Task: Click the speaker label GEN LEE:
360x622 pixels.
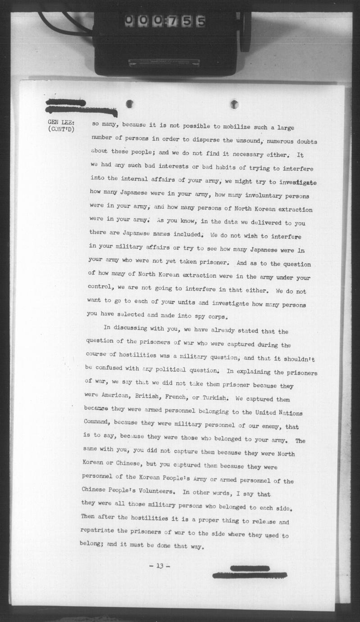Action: click(61, 122)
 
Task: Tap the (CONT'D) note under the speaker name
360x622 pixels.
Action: click(61, 130)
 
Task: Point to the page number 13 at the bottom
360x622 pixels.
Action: click(159, 566)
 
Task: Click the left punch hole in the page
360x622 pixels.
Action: click(129, 104)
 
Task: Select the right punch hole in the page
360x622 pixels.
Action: click(234, 104)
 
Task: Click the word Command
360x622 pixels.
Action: click(97, 422)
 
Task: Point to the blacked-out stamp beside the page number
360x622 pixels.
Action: click(249, 572)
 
